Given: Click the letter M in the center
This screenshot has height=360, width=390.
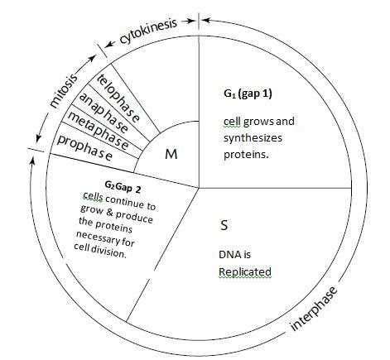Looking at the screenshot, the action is [x=171, y=154].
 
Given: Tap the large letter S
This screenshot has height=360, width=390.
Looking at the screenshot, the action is [x=224, y=225].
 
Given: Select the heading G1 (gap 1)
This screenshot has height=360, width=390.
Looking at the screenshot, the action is [x=248, y=94].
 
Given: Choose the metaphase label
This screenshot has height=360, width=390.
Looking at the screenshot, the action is [x=98, y=131].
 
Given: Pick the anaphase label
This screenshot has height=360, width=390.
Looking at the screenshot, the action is [x=104, y=113].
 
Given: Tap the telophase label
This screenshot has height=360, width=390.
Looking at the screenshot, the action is [x=118, y=98].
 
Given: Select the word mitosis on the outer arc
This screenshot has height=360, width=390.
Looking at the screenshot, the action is [x=63, y=90].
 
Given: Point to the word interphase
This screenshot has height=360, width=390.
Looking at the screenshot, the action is [x=314, y=308].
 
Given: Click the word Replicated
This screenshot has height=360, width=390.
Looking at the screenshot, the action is [x=245, y=271].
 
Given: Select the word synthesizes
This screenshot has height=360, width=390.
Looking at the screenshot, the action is [x=253, y=138].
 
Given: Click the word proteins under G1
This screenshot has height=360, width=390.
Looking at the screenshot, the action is [x=246, y=154].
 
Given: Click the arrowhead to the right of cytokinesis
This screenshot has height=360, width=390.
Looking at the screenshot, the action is [x=190, y=21].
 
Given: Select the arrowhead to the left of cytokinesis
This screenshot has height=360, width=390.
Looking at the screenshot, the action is [x=111, y=44].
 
